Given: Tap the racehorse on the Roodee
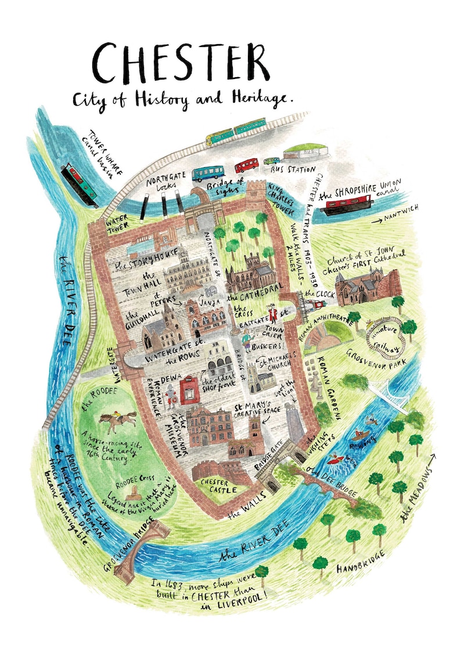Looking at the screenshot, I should (x=118, y=420).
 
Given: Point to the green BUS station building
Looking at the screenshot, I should (x=305, y=153).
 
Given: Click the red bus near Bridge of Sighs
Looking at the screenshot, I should (x=247, y=165).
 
